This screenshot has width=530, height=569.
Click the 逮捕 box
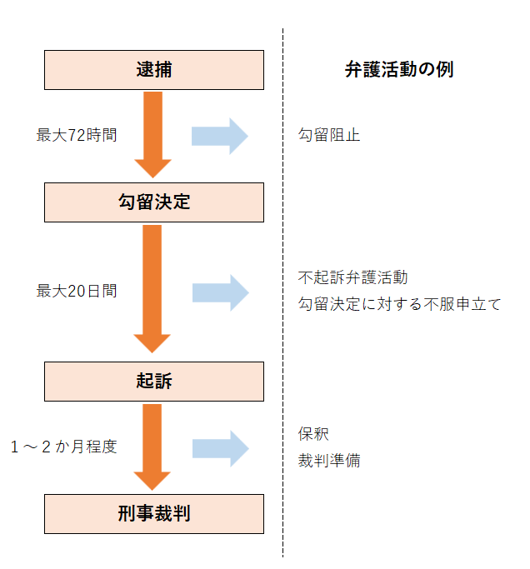153,70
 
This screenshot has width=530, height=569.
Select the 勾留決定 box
153,202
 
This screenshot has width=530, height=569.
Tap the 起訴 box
153,382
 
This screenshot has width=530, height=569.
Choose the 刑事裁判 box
153,513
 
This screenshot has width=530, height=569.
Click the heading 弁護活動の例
398,70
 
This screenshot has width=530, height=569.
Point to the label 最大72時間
77,135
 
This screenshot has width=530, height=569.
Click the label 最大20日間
77,292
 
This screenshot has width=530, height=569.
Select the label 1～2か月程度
64,447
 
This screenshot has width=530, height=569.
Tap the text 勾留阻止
329,135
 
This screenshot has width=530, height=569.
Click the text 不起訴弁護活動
352,277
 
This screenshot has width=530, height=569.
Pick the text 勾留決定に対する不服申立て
400,304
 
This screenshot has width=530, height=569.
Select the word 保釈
313,434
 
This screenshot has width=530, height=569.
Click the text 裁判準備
329,461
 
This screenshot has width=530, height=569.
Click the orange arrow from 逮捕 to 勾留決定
152,133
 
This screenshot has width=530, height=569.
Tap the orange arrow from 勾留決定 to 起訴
152,287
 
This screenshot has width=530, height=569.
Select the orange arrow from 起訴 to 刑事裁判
152,446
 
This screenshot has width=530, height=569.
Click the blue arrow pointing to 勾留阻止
220,136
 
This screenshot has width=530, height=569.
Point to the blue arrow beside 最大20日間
220,292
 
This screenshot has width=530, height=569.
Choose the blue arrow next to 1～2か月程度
220,447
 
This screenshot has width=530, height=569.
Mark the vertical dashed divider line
282,333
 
